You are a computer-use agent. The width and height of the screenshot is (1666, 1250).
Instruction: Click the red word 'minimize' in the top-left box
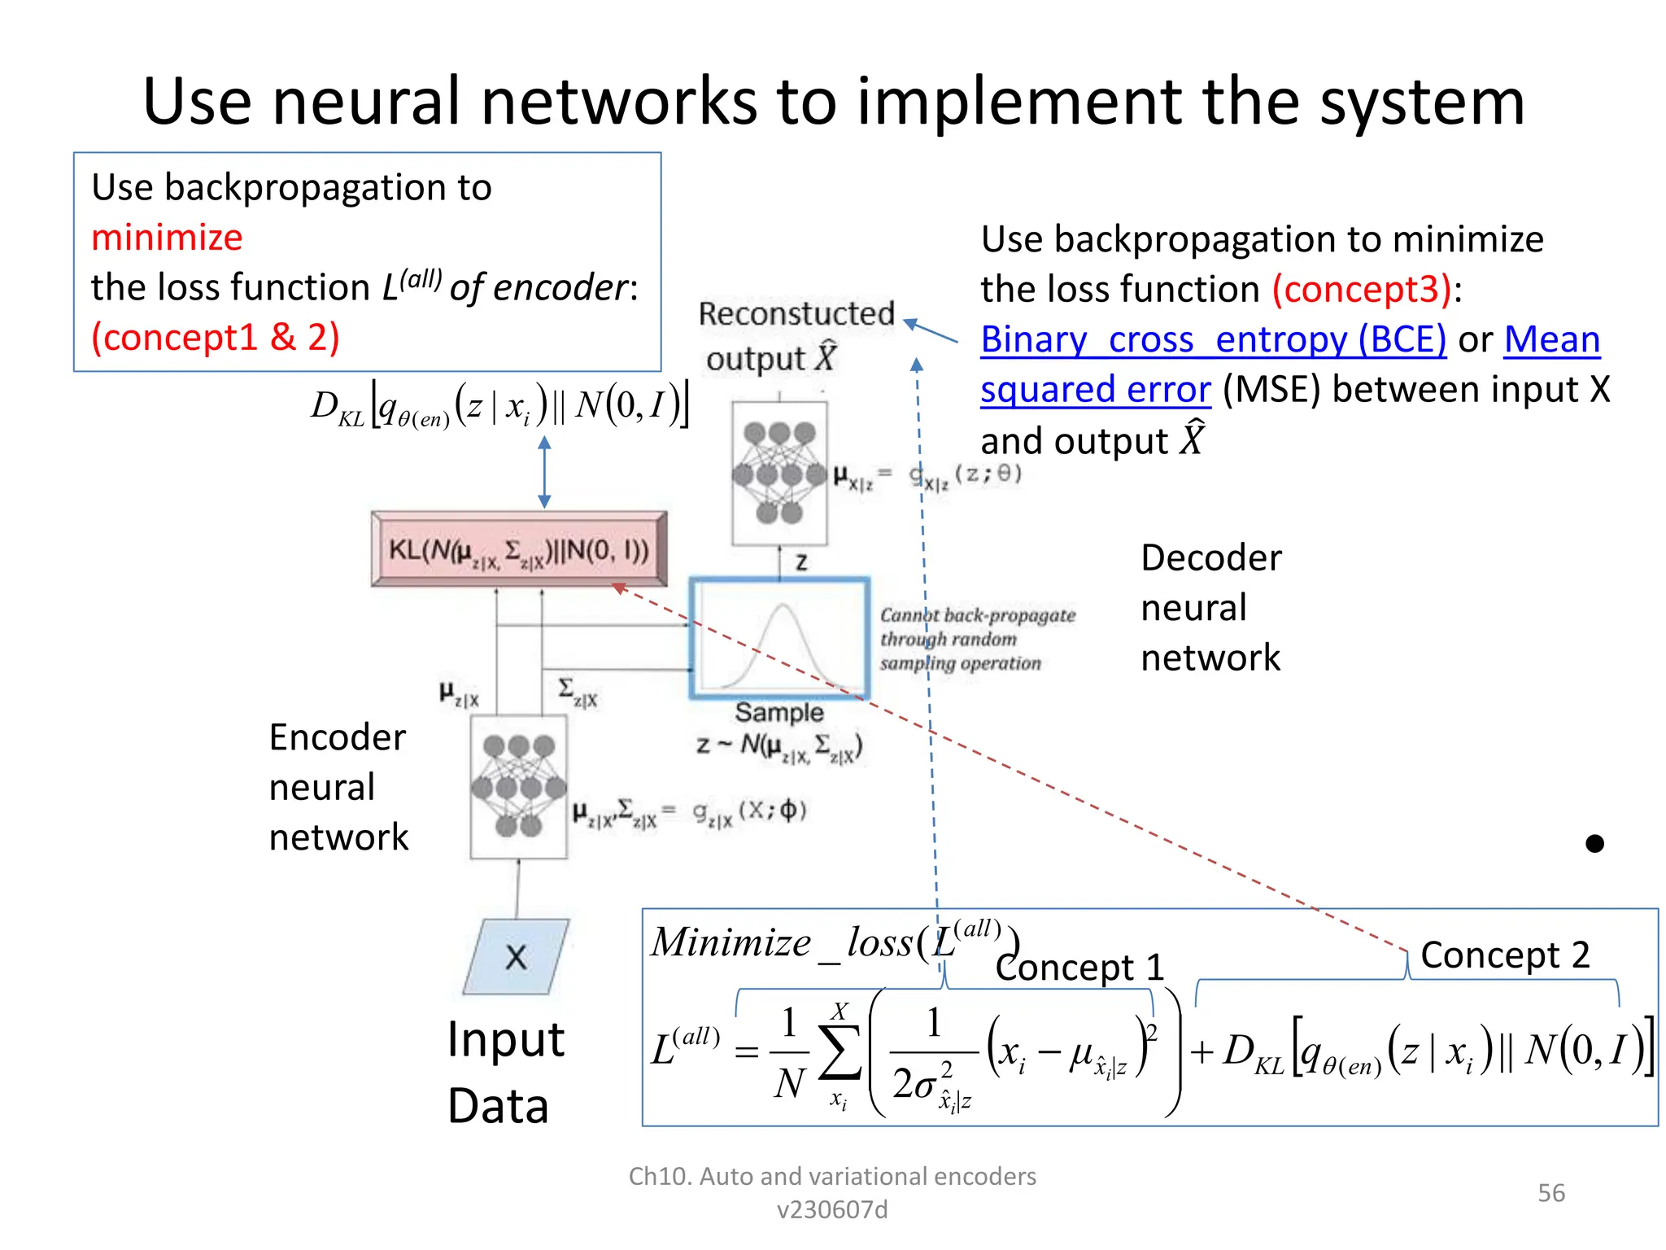(167, 238)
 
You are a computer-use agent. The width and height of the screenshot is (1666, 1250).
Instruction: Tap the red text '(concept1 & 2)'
(215, 337)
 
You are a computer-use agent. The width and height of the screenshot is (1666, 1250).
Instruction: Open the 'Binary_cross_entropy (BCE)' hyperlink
(1213, 339)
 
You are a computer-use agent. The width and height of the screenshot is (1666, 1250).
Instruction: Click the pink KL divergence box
(519, 549)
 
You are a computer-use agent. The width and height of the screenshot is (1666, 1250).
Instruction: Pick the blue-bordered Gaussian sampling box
(779, 638)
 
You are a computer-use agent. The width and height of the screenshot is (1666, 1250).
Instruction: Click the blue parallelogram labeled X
(516, 957)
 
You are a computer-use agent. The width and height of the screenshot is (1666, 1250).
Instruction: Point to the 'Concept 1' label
(1079, 968)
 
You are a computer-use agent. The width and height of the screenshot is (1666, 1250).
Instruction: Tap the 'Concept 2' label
(1504, 955)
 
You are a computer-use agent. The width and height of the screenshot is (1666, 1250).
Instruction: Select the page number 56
(1550, 1193)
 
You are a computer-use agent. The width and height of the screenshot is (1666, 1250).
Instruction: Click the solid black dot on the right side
(1594, 844)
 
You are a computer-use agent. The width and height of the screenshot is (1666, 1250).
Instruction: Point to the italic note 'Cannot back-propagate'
(977, 615)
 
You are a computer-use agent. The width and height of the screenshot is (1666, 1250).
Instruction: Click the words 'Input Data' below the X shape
(504, 1072)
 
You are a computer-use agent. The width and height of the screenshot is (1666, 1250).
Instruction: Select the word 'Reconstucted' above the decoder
(796, 314)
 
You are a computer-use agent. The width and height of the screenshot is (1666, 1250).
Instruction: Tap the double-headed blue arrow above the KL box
(545, 472)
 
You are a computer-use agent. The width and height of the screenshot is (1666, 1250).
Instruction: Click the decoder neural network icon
(779, 473)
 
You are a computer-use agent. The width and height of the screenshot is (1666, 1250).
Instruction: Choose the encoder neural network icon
(518, 787)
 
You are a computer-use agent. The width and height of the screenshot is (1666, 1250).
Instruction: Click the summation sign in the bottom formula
(840, 1052)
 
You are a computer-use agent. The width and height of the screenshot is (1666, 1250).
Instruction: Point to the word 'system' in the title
(1421, 102)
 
